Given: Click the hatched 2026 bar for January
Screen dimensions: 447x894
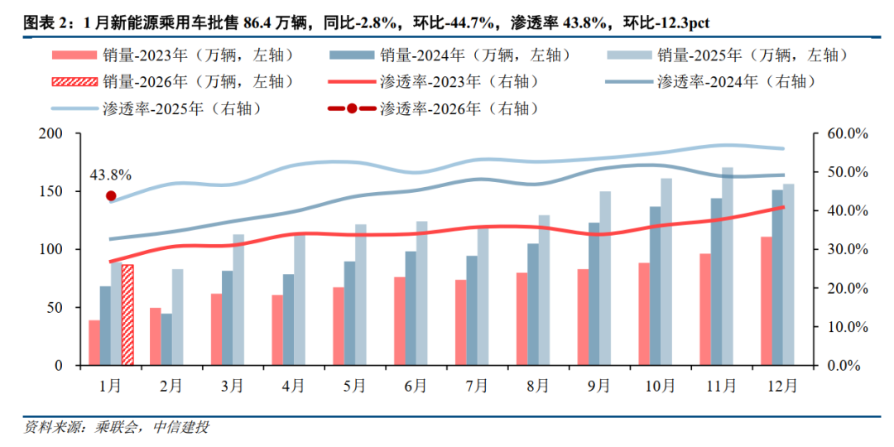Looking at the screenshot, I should pyautogui.click(x=127, y=315).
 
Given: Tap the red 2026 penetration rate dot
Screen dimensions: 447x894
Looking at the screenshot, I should pyautogui.click(x=111, y=196).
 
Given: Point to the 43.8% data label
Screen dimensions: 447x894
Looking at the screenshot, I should pyautogui.click(x=111, y=175).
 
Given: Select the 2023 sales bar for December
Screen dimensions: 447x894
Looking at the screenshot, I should pyautogui.click(x=767, y=301).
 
